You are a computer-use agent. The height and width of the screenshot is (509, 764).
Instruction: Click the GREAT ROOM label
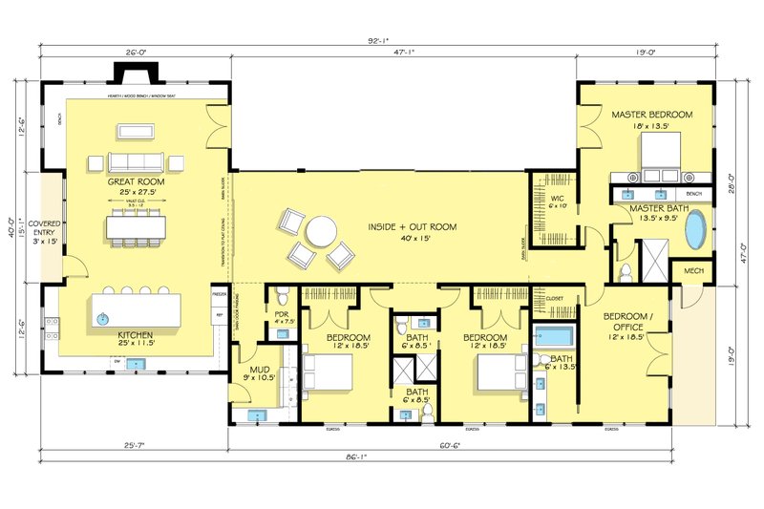(x=135, y=181)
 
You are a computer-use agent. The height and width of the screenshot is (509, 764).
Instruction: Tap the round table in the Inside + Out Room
(x=322, y=232)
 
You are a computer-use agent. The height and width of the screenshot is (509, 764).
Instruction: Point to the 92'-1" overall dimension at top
(x=380, y=42)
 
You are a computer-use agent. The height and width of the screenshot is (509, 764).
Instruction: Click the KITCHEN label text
(x=135, y=335)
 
